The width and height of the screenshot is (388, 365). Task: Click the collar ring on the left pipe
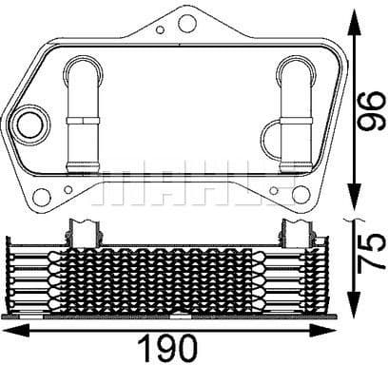click(x=83, y=121)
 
